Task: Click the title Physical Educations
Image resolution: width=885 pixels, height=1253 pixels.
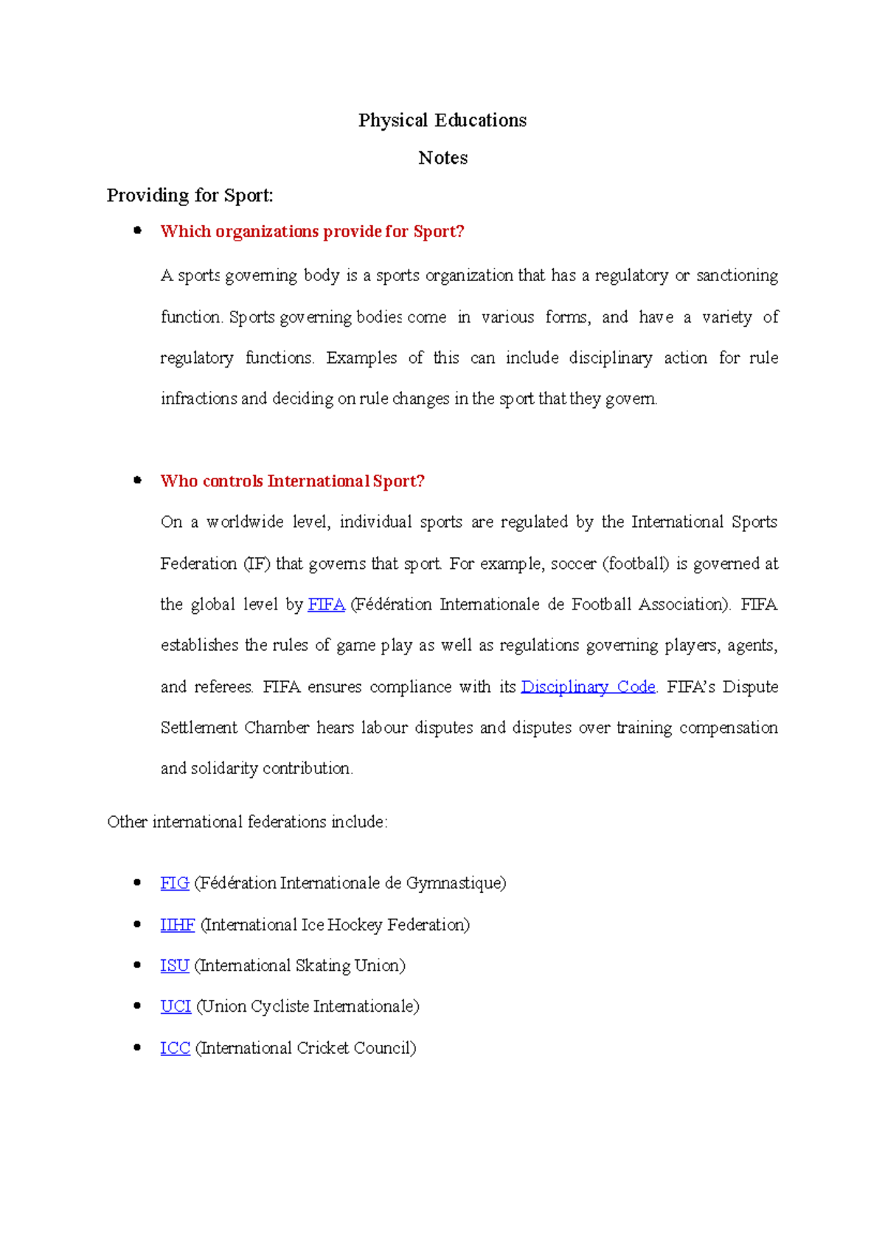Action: pos(442,120)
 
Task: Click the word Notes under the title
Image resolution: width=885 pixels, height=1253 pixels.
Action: pos(442,158)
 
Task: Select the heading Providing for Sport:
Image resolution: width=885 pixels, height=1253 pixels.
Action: pos(190,196)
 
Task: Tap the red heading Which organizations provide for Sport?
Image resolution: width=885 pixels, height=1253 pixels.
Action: pos(312,232)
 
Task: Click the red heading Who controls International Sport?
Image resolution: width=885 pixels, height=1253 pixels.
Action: pos(292,481)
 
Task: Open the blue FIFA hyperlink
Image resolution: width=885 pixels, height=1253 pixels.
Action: pos(326,604)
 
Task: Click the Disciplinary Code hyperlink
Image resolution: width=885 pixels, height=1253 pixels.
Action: pos(588,687)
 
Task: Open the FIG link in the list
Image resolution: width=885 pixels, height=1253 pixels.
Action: pos(175,883)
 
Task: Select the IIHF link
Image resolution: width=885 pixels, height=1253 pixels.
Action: pos(177,925)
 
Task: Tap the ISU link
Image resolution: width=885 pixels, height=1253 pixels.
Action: pos(175,966)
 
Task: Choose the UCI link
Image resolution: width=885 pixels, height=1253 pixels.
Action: pos(176,1007)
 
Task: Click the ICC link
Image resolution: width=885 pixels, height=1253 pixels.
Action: pos(175,1048)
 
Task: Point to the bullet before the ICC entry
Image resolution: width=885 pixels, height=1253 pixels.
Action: pos(137,1047)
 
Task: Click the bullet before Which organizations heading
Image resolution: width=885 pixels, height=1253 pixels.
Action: pos(137,230)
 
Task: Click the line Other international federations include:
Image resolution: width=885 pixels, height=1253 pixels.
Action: pos(247,822)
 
